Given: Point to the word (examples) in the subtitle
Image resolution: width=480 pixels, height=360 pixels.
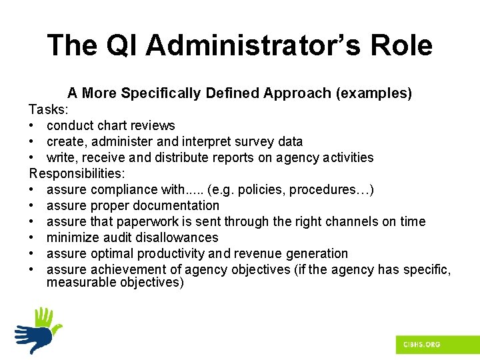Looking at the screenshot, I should [375, 93].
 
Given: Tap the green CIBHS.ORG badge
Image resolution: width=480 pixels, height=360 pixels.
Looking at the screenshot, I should [421, 344].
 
